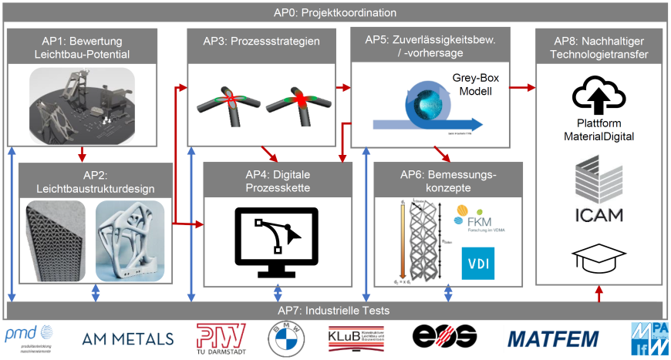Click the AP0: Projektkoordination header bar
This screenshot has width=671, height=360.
click(335, 12)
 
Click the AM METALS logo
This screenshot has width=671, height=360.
click(128, 338)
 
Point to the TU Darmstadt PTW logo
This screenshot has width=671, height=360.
click(221, 337)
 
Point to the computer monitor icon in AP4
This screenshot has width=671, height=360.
click(278, 241)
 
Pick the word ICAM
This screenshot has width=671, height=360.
click(599, 214)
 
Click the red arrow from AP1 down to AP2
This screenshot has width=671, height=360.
click(83, 152)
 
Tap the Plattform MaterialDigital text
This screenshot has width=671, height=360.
click(599, 130)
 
